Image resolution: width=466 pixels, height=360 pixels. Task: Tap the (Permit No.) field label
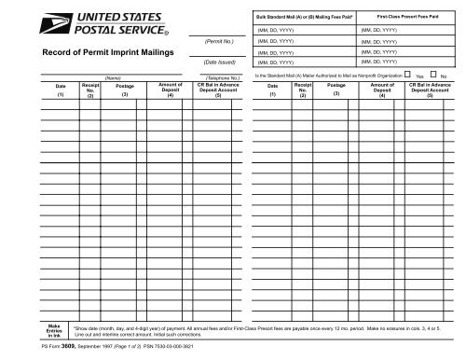(x=216, y=41)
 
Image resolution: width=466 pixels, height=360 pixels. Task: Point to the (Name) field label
(x=116, y=78)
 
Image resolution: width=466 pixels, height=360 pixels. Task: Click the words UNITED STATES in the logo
(x=103, y=16)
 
